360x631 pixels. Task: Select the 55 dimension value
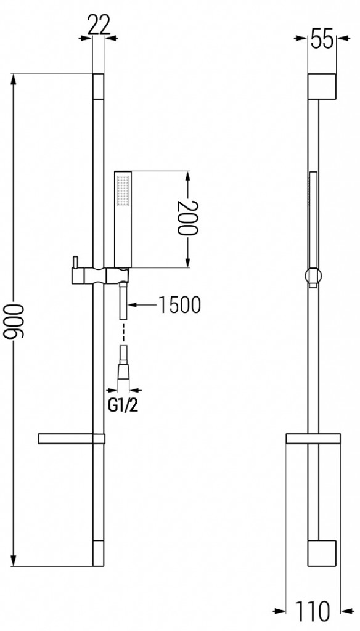tap(321, 39)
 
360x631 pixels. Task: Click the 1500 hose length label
tap(179, 305)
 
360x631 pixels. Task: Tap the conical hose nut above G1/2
tap(124, 373)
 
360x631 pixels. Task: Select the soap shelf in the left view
tap(71, 439)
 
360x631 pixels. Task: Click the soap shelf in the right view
tap(313, 439)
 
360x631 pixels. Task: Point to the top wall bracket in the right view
tap(321, 86)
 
